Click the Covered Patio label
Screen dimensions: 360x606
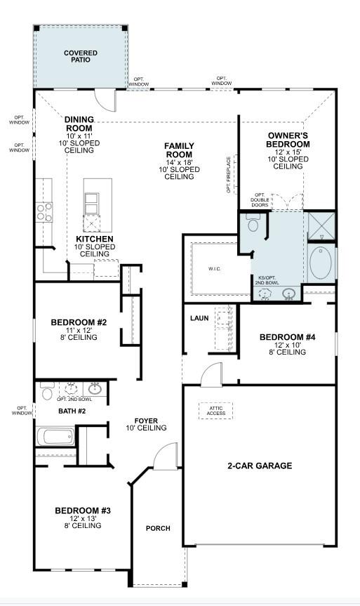pyautogui.click(x=80, y=56)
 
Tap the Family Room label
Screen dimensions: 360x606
pyautogui.click(x=179, y=150)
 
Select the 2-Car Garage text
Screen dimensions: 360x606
pyautogui.click(x=260, y=466)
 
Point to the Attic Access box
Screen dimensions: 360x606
pyautogui.click(x=216, y=411)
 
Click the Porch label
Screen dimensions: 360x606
pyautogui.click(x=158, y=528)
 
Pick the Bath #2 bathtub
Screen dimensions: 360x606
pyautogui.click(x=55, y=437)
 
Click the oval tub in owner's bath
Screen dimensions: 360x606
pyautogui.click(x=320, y=263)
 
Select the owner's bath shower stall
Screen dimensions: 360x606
pyautogui.click(x=321, y=227)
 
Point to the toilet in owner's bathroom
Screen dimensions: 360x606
pyautogui.click(x=253, y=222)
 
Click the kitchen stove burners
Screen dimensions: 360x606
pyautogui.click(x=44, y=212)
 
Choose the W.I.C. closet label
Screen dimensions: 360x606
pyautogui.click(x=215, y=269)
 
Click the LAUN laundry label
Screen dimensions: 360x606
pyautogui.click(x=199, y=318)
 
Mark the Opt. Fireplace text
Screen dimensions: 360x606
pyautogui.click(x=229, y=175)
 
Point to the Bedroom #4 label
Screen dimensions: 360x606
pyautogui.click(x=288, y=337)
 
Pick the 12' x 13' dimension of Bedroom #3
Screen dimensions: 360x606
pyautogui.click(x=83, y=518)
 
